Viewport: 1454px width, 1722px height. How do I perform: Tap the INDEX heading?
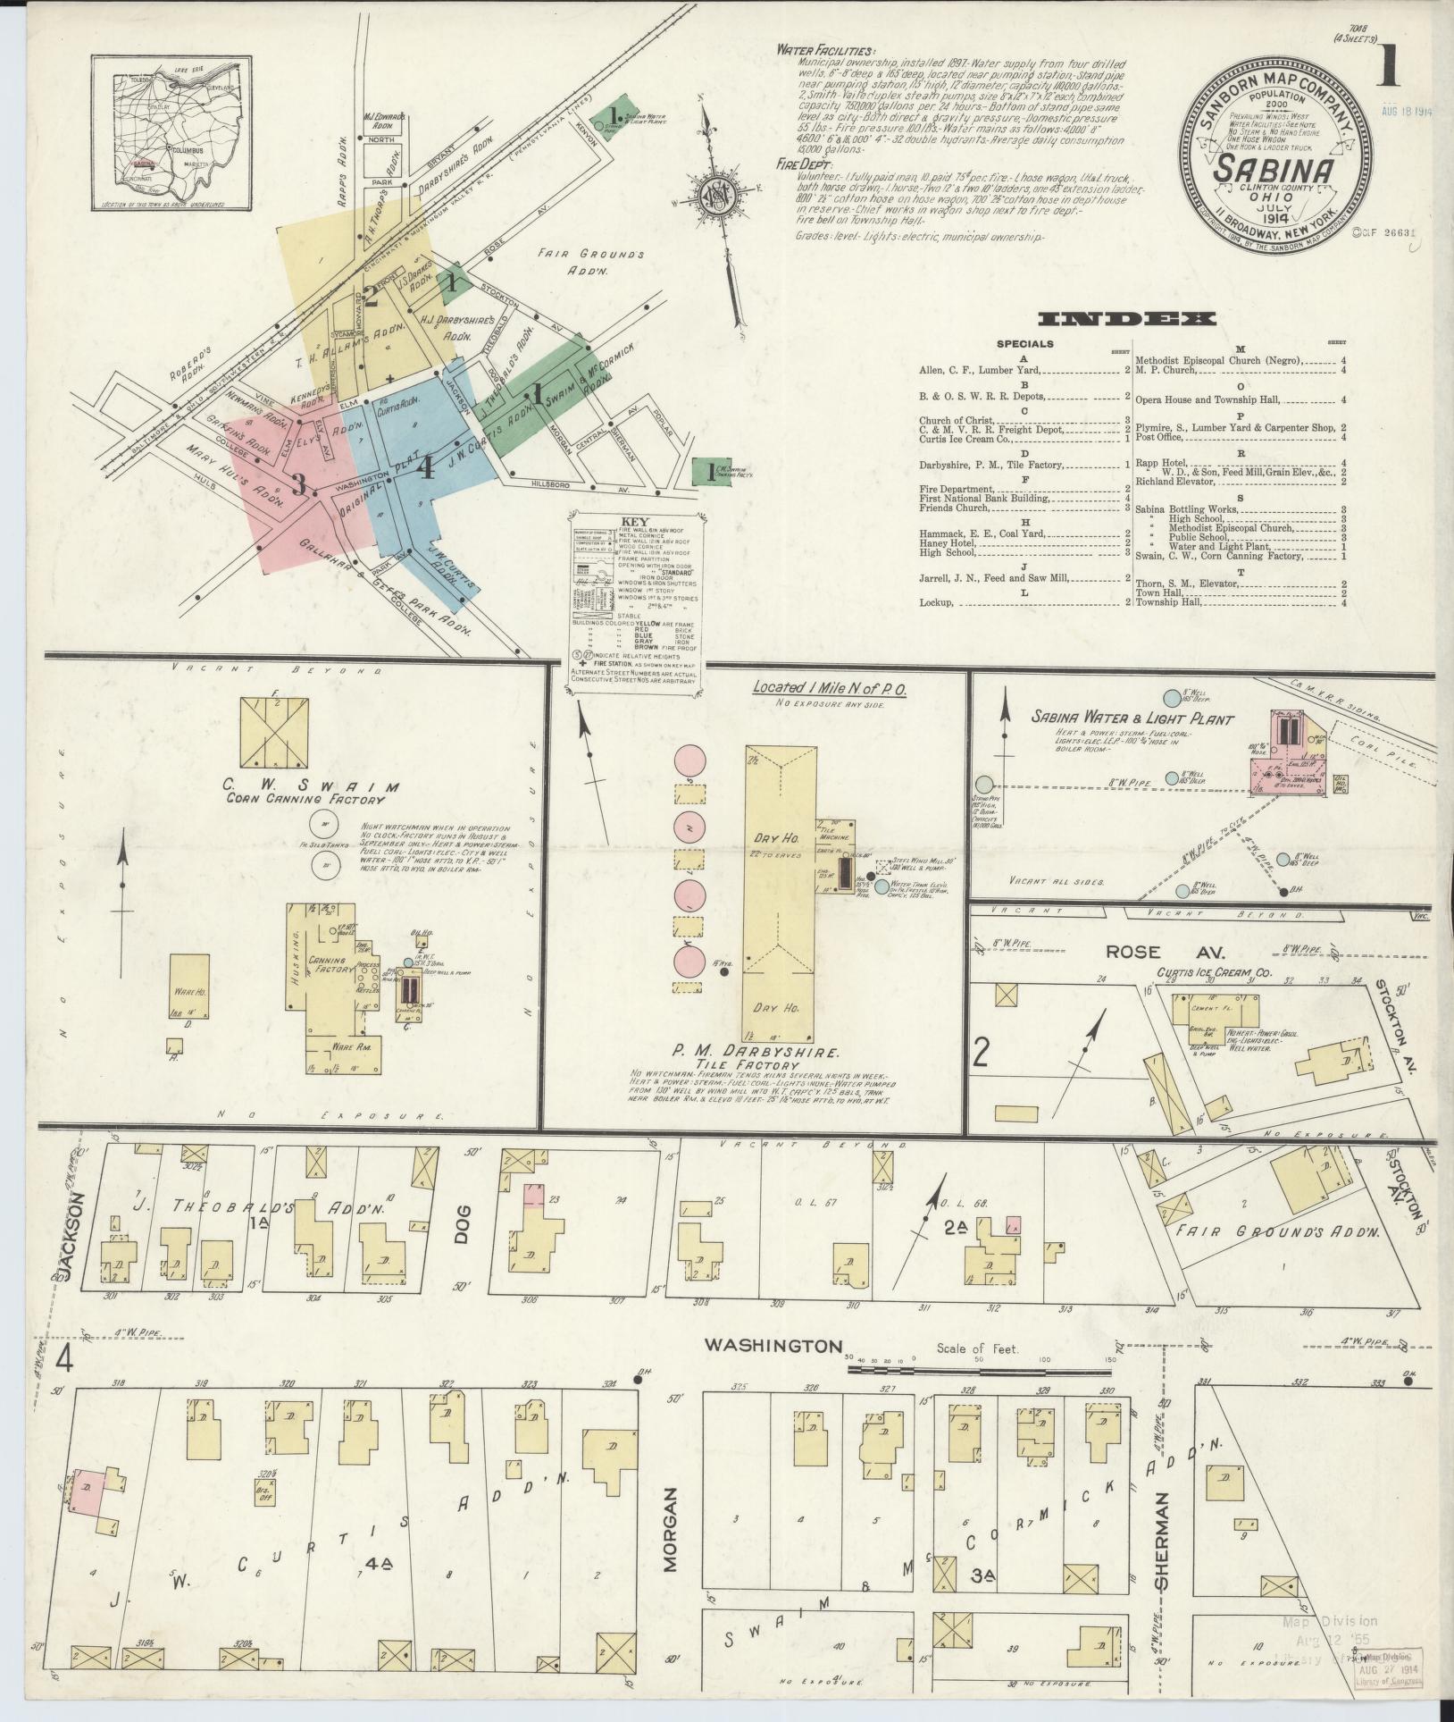[1128, 318]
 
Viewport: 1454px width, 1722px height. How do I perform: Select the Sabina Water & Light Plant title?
[1132, 718]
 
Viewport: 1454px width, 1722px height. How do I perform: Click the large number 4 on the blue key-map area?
[427, 466]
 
